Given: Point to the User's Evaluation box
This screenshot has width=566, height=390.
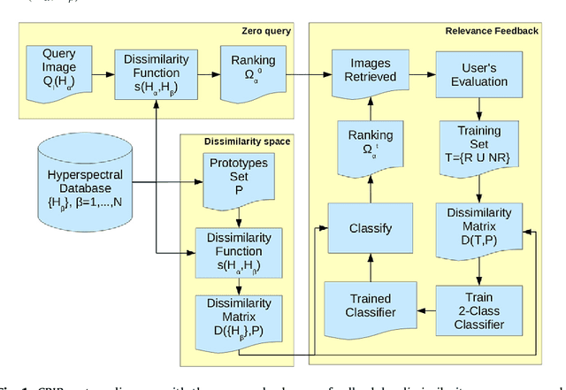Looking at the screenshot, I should pyautogui.click(x=478, y=71).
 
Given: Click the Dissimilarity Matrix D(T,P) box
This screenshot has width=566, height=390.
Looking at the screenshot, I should pyautogui.click(x=478, y=227).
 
